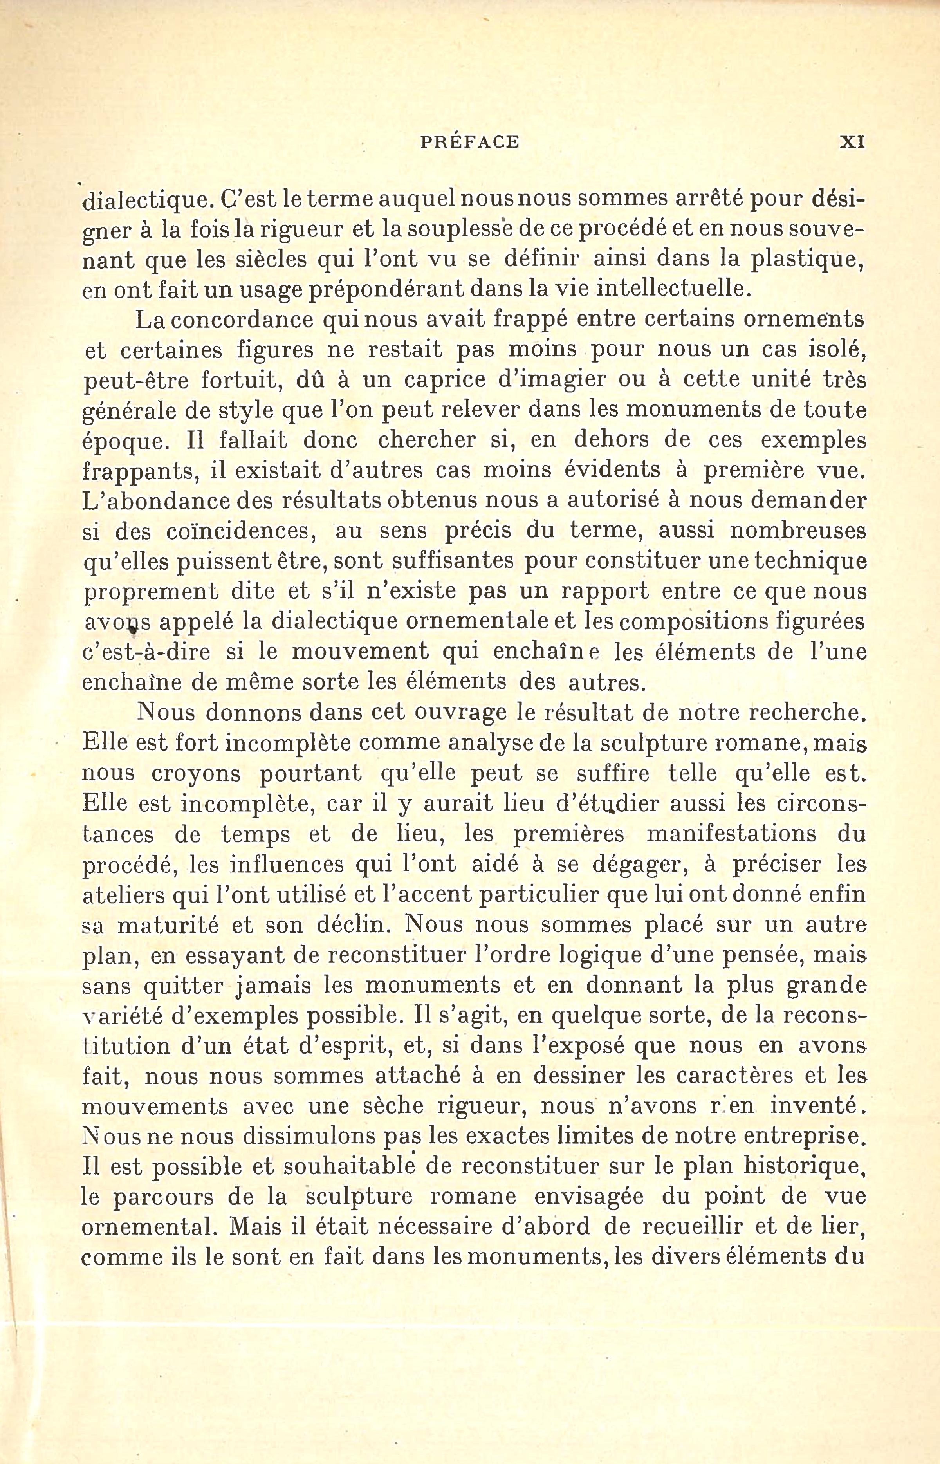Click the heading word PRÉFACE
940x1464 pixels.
point(469,142)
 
